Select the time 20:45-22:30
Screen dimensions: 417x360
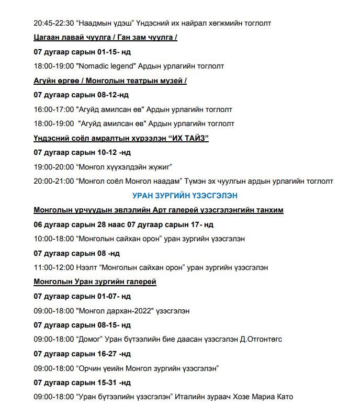click(53, 23)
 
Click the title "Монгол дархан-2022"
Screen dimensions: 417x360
click(116, 311)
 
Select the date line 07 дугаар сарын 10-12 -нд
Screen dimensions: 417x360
click(82, 153)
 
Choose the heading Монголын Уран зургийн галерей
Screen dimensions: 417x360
click(95, 282)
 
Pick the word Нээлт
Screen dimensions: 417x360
click(87, 268)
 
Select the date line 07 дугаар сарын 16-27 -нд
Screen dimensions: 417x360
click(82, 354)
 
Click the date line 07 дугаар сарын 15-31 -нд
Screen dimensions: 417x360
click(82, 383)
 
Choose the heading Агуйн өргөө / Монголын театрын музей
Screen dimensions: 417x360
click(110, 81)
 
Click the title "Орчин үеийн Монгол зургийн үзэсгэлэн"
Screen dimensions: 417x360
click(147, 368)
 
